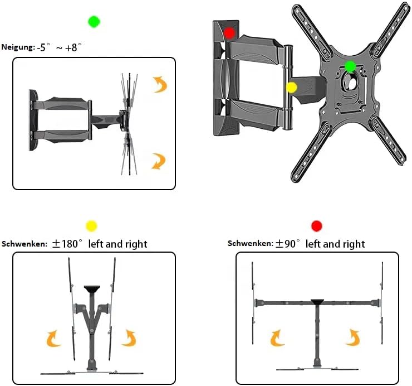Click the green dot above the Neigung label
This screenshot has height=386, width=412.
pos(94,22)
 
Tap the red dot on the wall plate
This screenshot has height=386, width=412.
pos(229,32)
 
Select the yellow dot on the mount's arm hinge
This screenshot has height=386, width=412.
pos(291,87)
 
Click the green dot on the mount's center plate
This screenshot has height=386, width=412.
pos(350,66)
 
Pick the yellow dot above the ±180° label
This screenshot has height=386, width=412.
pos(91,225)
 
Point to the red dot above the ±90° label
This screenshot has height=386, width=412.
pos(317,225)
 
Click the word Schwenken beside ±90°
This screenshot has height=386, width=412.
pos(250,244)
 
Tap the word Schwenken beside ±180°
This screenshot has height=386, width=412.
pos(24,244)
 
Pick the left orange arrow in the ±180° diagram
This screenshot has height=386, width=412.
pos(55,338)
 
